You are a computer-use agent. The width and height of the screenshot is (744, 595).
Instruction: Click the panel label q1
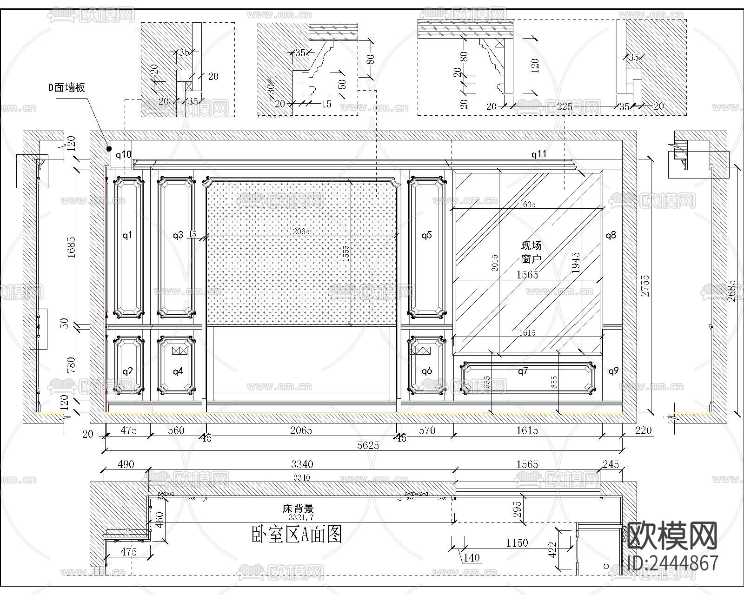[x=127, y=235]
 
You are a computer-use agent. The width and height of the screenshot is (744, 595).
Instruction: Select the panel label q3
[x=178, y=235]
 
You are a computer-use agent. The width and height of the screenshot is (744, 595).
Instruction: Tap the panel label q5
[x=426, y=235]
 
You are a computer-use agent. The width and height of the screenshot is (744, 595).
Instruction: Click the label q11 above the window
[x=539, y=154]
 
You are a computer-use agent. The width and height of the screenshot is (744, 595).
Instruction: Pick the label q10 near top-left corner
[x=123, y=155]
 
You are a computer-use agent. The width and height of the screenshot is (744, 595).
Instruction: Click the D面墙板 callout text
[x=67, y=87]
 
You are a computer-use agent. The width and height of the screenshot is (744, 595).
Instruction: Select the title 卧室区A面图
[x=296, y=535]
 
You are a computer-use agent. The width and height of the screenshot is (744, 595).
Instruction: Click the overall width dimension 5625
[x=368, y=445]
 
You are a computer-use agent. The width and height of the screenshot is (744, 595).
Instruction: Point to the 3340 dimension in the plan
[x=302, y=464]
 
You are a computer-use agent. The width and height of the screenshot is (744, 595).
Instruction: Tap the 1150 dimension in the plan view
[x=517, y=542]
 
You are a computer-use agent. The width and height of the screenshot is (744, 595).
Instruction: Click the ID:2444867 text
[x=673, y=563]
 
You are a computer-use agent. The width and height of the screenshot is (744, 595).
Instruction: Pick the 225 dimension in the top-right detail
[x=565, y=107]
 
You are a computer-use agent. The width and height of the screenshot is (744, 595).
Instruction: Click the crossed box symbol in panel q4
[x=179, y=351]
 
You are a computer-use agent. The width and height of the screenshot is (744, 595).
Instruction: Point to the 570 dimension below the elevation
[x=427, y=430]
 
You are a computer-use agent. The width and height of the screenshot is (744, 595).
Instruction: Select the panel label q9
[x=613, y=371]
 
